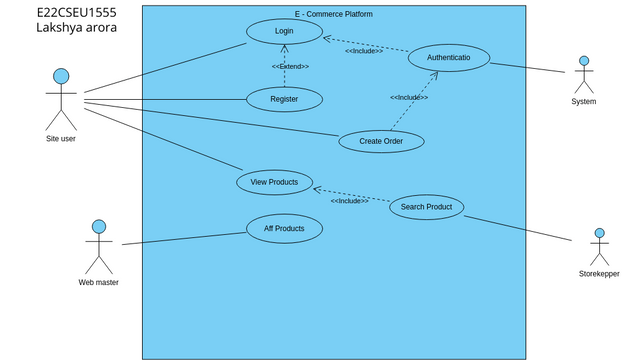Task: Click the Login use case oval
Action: click(284, 32)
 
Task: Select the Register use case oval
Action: click(284, 99)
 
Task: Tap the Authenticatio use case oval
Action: click(449, 58)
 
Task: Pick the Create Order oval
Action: click(381, 141)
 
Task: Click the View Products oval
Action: click(274, 182)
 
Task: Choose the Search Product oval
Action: click(426, 207)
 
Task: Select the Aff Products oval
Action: click(284, 229)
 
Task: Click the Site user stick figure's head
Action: click(61, 76)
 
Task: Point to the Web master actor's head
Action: click(99, 227)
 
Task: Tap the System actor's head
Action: click(583, 61)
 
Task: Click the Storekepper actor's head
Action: click(599, 233)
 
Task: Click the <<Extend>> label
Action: click(290, 66)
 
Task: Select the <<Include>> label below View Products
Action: click(349, 201)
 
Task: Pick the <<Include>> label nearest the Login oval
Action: click(364, 51)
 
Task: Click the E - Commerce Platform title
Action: click(333, 14)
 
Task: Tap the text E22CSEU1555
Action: click(76, 11)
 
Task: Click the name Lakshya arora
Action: click(76, 28)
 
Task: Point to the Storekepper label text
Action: click(599, 274)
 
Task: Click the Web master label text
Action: click(99, 282)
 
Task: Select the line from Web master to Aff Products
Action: click(184, 238)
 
